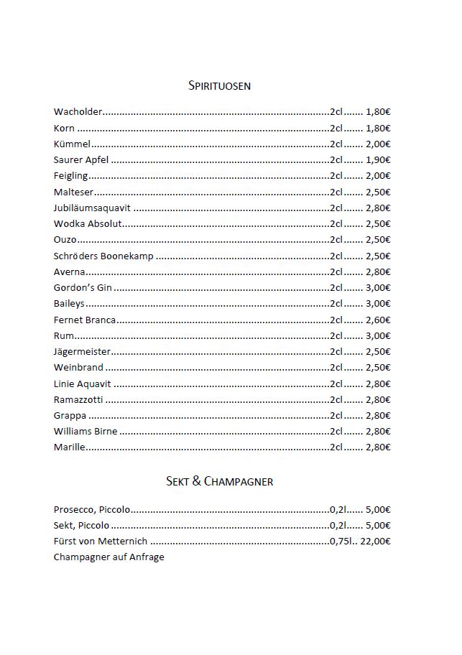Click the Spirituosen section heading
219,86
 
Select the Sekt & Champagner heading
219,481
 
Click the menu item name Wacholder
78,112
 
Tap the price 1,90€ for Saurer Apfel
378,160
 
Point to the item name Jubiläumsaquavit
92,208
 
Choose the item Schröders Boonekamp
103,256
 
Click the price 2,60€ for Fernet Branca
378,320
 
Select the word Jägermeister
82,352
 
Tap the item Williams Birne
86,432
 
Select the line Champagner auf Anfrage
108,557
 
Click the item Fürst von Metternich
100,542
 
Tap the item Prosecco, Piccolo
92,510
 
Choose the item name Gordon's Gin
83,288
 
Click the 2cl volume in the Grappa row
336,416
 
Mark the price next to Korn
378,129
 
